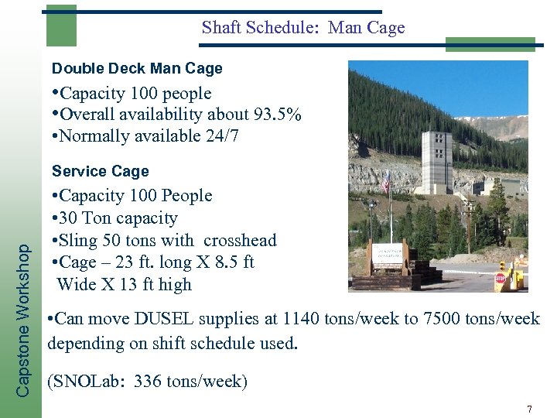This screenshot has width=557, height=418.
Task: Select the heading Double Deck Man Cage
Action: pos(137,68)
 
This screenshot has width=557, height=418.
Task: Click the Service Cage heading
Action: pos(100,171)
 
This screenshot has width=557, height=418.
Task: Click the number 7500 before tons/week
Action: pos(443,318)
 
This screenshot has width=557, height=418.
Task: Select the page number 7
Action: pos(529,408)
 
